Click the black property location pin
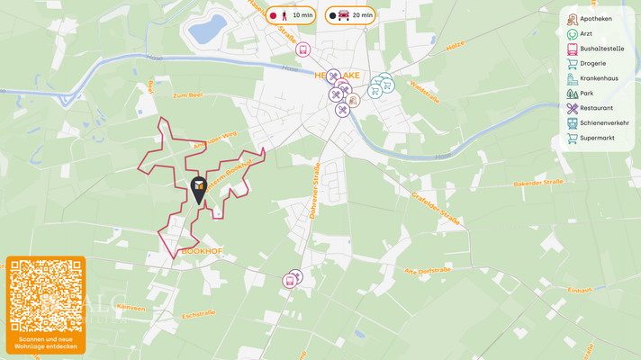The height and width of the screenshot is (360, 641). point(199,189)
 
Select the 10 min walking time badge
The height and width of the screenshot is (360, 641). point(290,15)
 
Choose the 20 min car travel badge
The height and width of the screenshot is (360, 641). point(350,15)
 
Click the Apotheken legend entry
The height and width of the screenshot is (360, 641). point(595,19)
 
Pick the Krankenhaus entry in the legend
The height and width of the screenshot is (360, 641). point(598,78)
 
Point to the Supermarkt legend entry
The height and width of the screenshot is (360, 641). point(597,139)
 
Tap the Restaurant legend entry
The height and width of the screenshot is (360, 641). point(596,108)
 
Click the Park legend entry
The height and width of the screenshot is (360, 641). point(586,94)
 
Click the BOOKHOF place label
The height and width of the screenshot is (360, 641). point(202,251)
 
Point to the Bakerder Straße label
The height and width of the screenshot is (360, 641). point(538,183)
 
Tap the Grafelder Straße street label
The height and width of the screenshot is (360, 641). point(437,208)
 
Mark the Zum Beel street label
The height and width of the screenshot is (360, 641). point(189,94)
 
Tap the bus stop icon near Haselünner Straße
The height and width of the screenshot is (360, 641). point(303,49)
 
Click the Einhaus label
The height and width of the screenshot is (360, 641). point(580,290)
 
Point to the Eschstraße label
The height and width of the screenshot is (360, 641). point(199,315)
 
